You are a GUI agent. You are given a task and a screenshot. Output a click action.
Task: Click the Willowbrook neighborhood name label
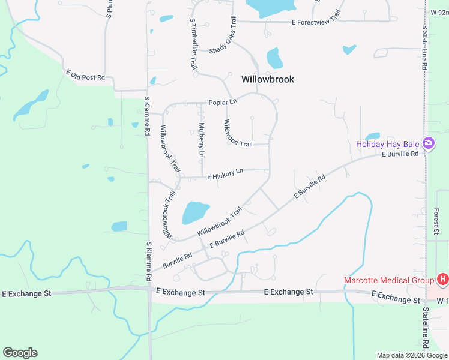pyautogui.click(x=268, y=79)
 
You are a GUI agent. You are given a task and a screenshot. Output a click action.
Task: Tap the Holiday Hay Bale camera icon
pyautogui.click(x=429, y=143)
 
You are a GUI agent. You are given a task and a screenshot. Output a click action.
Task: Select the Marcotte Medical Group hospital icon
pyautogui.click(x=443, y=280)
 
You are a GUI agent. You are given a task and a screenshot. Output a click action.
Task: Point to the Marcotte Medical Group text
pyautogui.click(x=389, y=280)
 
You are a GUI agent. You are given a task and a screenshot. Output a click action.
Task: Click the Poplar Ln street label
pyautogui.click(x=222, y=103)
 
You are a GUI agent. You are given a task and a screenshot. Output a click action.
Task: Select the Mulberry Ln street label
pyautogui.click(x=202, y=140)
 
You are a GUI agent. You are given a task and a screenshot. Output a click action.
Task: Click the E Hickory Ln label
pyautogui.click(x=225, y=174)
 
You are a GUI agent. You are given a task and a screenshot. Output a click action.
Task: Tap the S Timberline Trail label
pyautogui.click(x=193, y=44)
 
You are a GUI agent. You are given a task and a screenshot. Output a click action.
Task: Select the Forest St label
pyautogui.click(x=436, y=221)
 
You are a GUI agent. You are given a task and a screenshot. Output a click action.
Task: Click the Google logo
pyautogui.click(x=20, y=353)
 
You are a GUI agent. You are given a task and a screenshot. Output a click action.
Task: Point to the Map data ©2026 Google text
pyautogui.click(x=411, y=355)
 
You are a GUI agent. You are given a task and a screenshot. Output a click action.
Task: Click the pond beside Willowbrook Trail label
pyautogui.click(x=194, y=212)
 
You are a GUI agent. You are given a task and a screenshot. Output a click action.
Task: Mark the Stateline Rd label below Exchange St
pyautogui.click(x=426, y=330)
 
